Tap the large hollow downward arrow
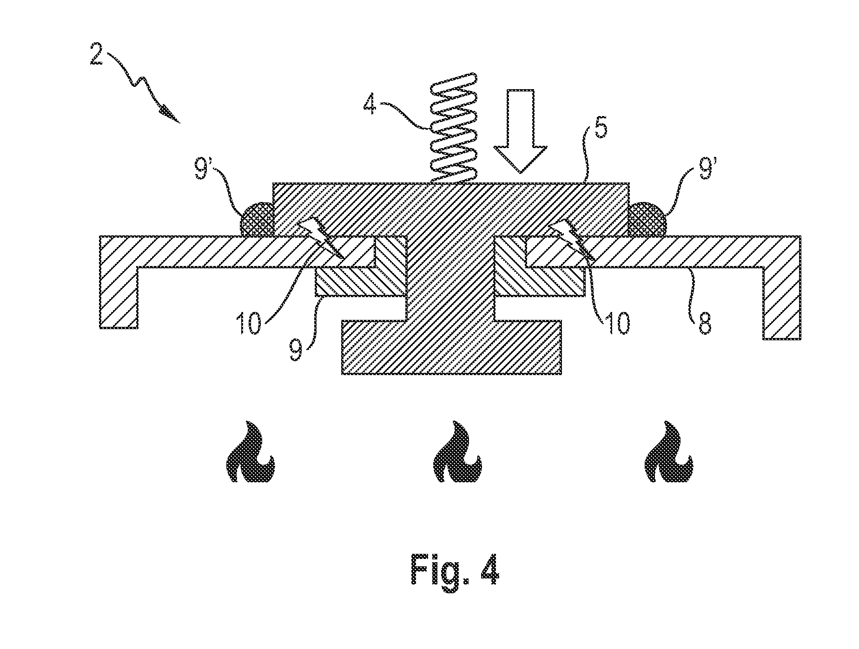(x=520, y=131)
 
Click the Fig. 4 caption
(x=455, y=572)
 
